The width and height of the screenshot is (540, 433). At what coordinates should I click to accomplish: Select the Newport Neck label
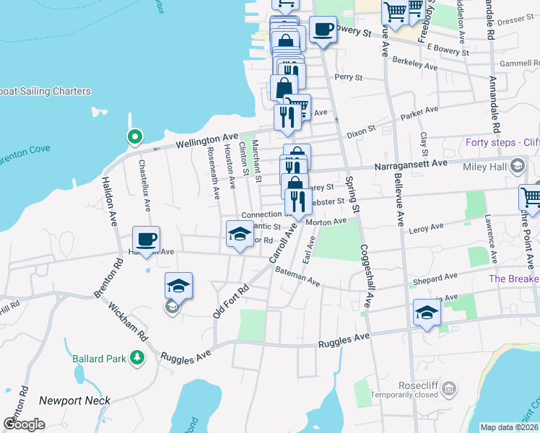tap(74, 401)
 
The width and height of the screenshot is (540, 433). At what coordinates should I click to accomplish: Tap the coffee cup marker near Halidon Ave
tap(146, 240)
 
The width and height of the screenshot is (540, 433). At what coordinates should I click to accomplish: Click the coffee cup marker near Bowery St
tap(323, 30)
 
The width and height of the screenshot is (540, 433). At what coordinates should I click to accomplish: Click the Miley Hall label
tap(486, 167)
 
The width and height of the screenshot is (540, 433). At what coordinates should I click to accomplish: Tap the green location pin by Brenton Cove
tap(134, 136)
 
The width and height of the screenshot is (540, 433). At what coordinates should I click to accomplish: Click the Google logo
tap(24, 424)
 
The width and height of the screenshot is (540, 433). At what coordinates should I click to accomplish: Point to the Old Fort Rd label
tap(230, 301)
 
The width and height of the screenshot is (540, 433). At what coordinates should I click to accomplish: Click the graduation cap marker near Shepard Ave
tap(427, 313)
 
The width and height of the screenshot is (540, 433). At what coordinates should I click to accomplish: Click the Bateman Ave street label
tap(297, 276)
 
